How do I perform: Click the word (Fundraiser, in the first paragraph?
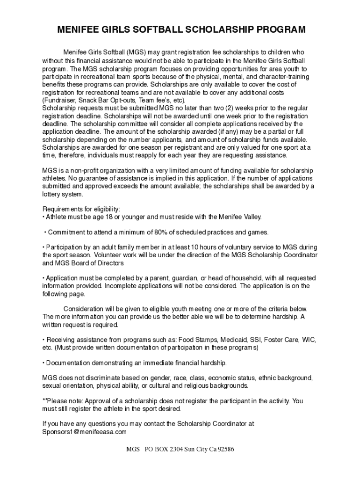(59, 101)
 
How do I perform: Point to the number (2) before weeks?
(232, 108)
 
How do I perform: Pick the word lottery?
(52, 194)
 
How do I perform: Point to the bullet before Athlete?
(43, 217)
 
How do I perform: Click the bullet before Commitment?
(45, 232)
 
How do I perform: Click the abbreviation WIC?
(309, 340)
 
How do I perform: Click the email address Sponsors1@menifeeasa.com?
(85, 432)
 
